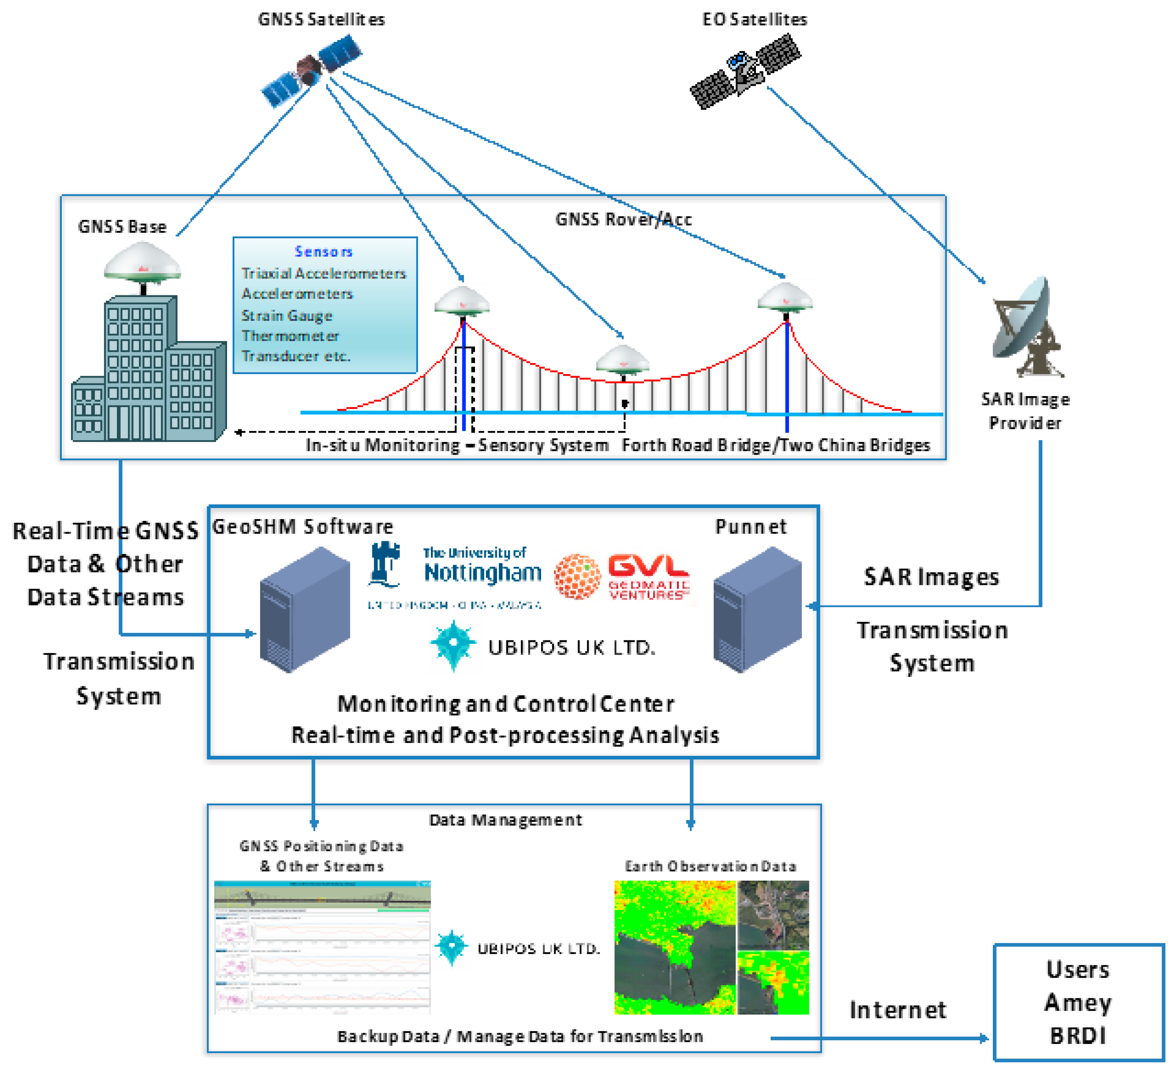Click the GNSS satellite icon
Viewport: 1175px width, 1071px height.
[x=310, y=70]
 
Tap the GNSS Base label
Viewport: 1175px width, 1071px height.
[x=122, y=227]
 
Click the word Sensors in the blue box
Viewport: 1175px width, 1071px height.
[x=323, y=252]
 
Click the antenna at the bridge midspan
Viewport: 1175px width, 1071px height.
[x=623, y=359]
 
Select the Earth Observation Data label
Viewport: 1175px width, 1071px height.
[x=711, y=866]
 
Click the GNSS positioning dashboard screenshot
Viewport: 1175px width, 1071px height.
[x=322, y=947]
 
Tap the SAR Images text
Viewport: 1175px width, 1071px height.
[x=931, y=577]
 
